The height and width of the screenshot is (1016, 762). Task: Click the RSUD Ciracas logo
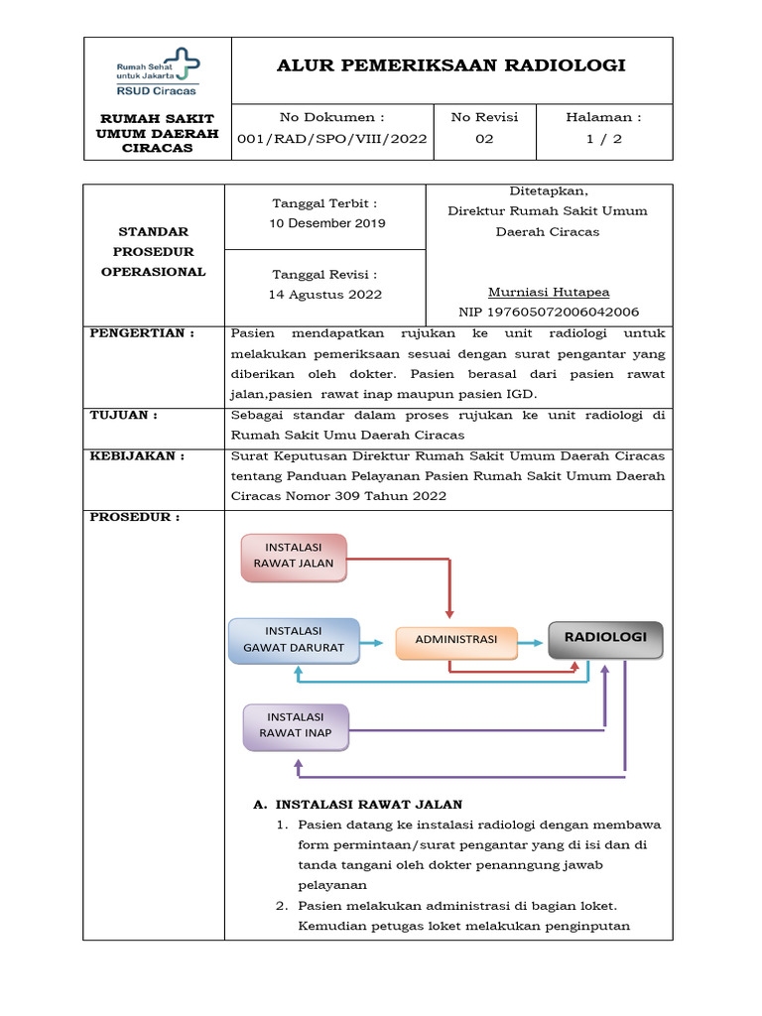point(157,70)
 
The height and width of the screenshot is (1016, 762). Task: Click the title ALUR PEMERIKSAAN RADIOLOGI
point(451,65)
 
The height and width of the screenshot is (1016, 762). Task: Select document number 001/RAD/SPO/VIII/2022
point(332,139)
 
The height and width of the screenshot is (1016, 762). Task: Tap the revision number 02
point(484,139)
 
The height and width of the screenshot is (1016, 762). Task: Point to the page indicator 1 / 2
point(604,139)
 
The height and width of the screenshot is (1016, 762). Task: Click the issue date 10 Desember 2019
point(326,224)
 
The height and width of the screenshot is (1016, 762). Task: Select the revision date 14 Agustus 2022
point(325,295)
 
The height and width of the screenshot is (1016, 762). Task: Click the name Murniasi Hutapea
point(549,292)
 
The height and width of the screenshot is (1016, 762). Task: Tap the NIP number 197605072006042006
point(549,312)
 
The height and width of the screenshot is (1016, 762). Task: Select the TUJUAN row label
point(124,415)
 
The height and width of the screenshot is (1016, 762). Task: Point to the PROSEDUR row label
point(135,518)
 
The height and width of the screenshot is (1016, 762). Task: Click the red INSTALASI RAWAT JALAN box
point(294,557)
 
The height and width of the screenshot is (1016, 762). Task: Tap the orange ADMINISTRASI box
point(456,641)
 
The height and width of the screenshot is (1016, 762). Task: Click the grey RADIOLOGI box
point(605,639)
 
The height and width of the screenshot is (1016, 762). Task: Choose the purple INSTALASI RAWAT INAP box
point(296,726)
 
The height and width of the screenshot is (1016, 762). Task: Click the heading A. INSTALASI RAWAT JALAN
point(358,805)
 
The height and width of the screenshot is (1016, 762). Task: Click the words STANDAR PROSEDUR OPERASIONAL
point(154,252)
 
